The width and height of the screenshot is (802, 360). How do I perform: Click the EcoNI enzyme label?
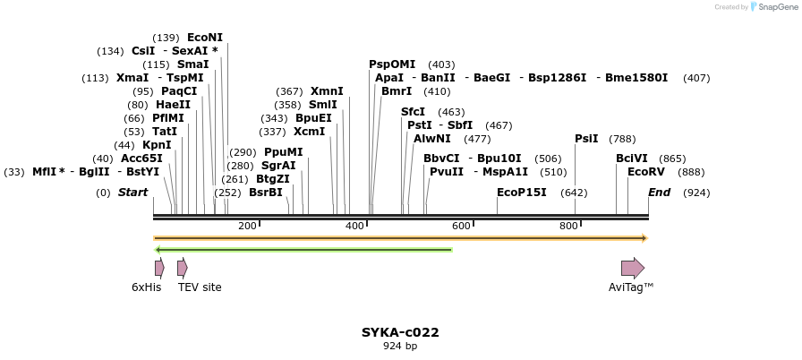tap(205, 38)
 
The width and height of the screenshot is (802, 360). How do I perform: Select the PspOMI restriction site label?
tap(392, 64)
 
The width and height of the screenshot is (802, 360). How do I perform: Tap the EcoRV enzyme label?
tap(646, 172)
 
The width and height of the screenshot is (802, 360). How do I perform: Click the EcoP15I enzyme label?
tap(522, 193)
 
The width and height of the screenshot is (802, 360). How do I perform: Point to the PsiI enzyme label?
tap(586, 139)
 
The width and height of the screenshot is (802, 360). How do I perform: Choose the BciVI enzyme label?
tap(631, 159)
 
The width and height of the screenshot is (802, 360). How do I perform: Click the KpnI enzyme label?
tap(157, 145)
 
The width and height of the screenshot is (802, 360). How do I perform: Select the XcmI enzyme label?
tap(310, 132)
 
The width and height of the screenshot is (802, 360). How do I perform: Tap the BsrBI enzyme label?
tap(266, 193)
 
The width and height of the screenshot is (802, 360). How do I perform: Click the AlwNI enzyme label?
tap(432, 139)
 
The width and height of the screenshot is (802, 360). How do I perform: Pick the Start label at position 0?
tap(132, 193)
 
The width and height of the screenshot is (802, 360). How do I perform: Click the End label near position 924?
tap(659, 193)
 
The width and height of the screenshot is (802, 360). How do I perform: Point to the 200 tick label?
tap(247, 226)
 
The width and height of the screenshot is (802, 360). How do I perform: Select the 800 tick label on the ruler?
tap(568, 226)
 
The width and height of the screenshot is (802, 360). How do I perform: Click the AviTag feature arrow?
tap(633, 268)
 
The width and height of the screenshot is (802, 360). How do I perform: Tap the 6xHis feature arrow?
tap(159, 268)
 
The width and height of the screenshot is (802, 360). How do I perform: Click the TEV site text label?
tap(200, 287)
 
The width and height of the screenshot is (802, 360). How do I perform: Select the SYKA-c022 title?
tap(400, 332)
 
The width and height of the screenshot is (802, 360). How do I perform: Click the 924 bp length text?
tap(400, 346)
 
